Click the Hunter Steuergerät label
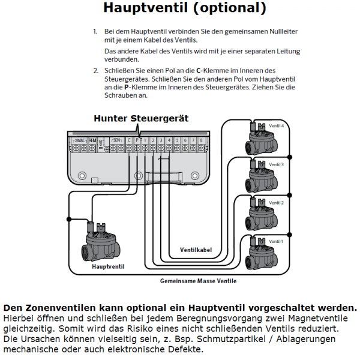click(140, 118)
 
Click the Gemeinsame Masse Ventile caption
click(198, 281)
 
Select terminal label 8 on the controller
click(201, 140)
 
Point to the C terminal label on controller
click(129, 140)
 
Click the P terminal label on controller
click(137, 140)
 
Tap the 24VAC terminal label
click(79, 140)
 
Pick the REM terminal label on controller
click(92, 140)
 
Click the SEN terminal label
click(117, 140)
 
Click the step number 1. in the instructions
click(95, 30)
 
